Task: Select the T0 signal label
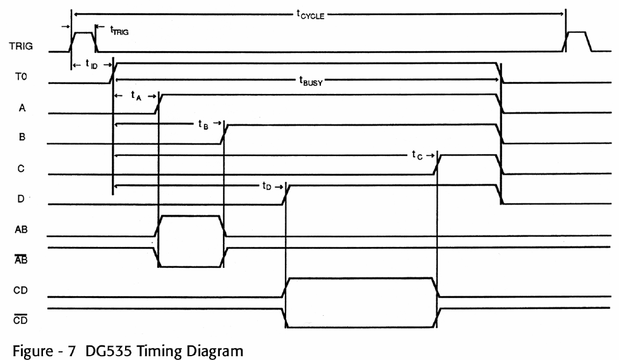[x=21, y=77]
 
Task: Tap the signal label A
[x=23, y=107]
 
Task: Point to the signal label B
[x=23, y=137]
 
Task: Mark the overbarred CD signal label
[x=21, y=320]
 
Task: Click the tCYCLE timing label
[x=310, y=15]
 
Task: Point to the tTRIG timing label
[x=119, y=30]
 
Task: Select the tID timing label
[x=90, y=64]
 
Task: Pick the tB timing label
[x=201, y=124]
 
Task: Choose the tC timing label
[x=418, y=155]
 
